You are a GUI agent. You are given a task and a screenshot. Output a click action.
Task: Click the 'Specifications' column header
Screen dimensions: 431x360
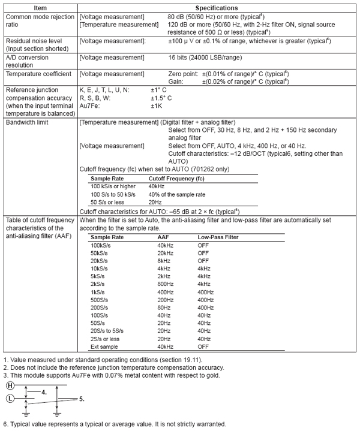217,6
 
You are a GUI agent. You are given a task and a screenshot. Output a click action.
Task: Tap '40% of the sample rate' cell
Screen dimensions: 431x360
178,195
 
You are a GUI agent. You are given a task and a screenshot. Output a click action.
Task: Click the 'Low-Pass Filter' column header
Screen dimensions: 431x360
220,237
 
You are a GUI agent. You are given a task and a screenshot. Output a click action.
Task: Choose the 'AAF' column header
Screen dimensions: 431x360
163,237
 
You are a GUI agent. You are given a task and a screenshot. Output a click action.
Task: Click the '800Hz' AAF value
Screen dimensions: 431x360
165,283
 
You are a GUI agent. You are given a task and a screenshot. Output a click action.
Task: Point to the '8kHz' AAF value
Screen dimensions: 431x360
164,260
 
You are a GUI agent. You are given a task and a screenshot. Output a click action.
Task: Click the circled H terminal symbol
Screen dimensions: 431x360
10,385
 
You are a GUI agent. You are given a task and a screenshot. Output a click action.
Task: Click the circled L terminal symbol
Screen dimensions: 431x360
10,397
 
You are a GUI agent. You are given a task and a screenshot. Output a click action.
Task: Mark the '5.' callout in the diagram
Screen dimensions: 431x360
82,398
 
